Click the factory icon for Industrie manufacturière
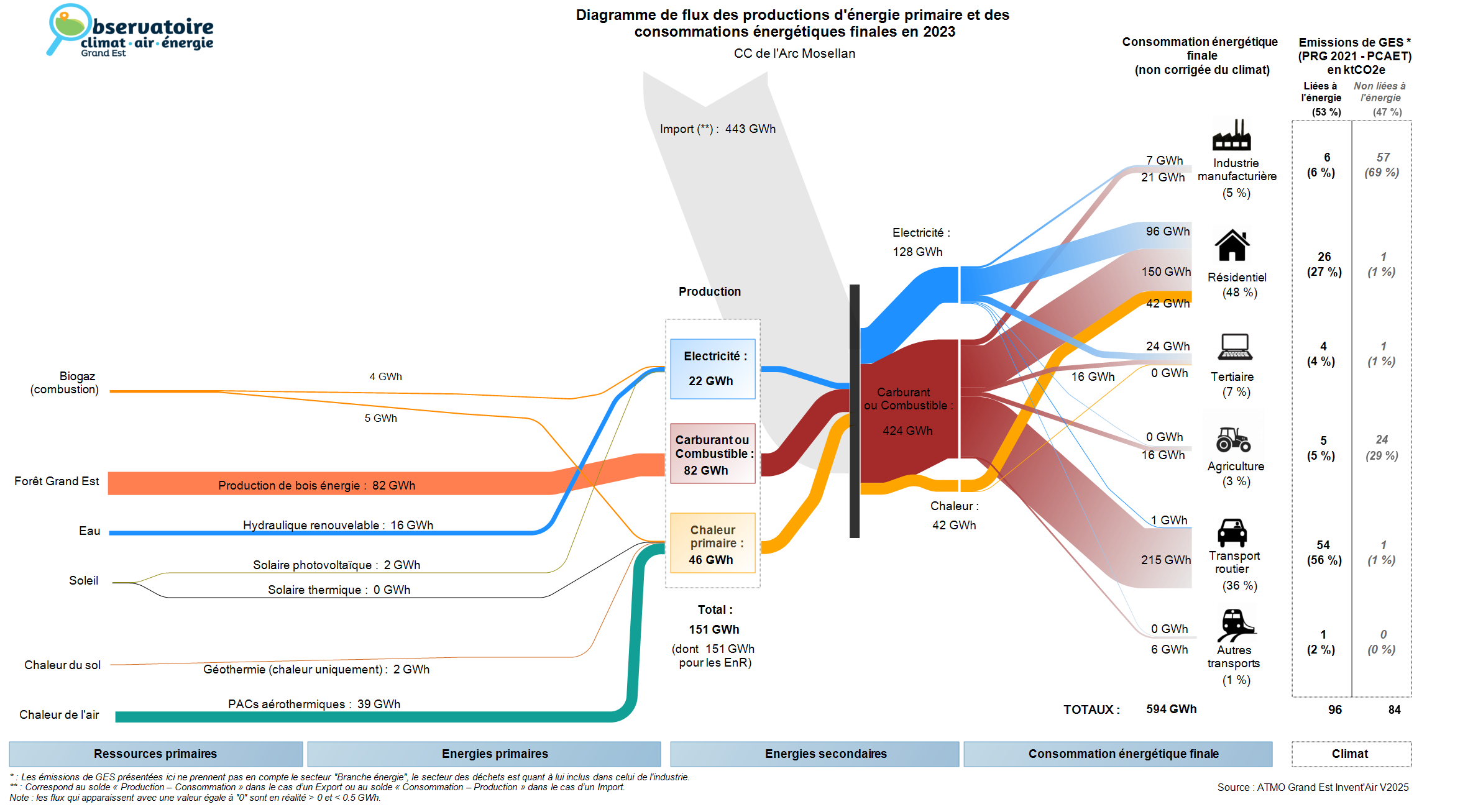coord(1231,135)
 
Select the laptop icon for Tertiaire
coord(1235,347)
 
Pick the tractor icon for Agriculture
coord(1234,439)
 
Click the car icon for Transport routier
coord(1232,532)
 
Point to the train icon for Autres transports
coord(1236,625)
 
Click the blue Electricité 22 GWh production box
coord(713,369)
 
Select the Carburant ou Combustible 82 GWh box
coord(713,454)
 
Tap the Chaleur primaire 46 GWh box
coord(713,543)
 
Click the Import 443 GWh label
coord(718,129)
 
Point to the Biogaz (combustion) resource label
coord(65,383)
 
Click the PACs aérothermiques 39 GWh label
coord(314,704)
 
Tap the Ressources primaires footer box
coord(156,754)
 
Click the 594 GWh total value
coord(1171,709)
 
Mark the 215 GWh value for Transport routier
coord(1165,560)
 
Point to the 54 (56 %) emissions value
coord(1324,552)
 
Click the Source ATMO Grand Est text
coord(1313,787)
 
